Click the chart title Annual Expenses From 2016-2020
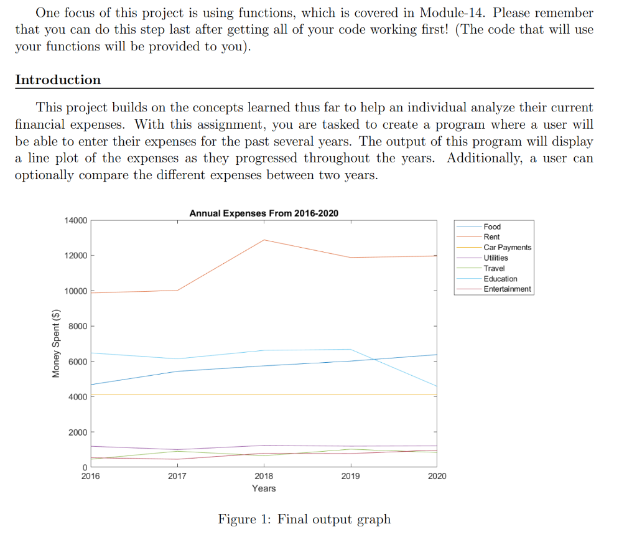[264, 213]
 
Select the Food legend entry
[491, 226]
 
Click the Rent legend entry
[491, 237]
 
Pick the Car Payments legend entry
[507, 247]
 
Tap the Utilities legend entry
[495, 258]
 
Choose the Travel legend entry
[494, 268]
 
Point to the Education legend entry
[500, 279]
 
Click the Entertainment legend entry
[507, 289]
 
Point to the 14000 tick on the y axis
[75, 220]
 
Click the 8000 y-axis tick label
[77, 326]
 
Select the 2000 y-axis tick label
[77, 432]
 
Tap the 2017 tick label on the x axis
[177, 476]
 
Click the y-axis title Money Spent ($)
[56, 343]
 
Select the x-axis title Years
[264, 488]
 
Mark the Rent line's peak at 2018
[264, 240]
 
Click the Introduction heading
[58, 80]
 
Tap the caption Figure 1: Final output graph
[304, 519]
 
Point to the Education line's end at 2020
[437, 386]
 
